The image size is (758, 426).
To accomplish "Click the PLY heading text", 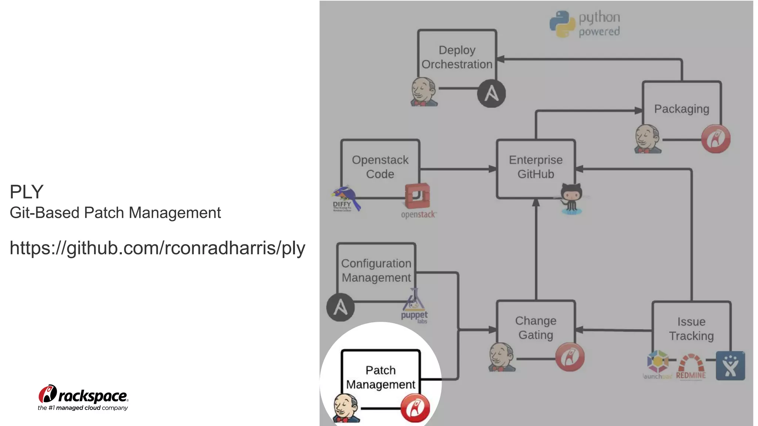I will [x=27, y=192].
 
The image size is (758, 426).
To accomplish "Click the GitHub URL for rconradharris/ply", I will [x=157, y=248].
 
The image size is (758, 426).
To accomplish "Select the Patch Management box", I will [x=380, y=377].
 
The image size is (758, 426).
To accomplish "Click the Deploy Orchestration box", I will [x=457, y=57].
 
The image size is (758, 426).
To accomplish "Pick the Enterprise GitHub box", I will [x=536, y=167].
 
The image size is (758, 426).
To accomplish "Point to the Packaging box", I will [x=681, y=109].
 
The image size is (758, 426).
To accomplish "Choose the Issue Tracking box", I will [x=691, y=329].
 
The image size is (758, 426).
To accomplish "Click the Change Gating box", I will [x=536, y=328].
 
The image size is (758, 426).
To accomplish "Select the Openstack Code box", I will [x=380, y=167].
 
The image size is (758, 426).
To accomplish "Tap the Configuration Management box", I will [x=376, y=270].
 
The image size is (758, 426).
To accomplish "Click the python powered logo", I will [x=585, y=24].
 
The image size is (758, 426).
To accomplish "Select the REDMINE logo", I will [x=691, y=366].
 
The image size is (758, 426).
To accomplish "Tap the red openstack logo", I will [x=418, y=200].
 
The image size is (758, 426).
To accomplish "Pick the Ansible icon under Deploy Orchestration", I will [x=491, y=94].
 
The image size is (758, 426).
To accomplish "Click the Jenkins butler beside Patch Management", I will [x=346, y=408].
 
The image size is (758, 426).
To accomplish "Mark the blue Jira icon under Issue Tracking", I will [x=730, y=366].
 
